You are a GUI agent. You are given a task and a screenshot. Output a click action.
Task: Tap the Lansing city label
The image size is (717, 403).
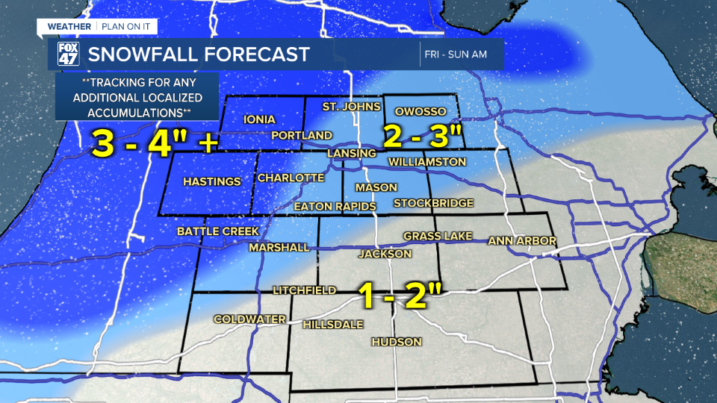[352, 153]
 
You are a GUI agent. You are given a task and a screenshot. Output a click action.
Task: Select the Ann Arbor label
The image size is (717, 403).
[522, 240]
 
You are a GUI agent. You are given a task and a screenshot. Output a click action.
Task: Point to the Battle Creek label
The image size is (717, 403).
[217, 231]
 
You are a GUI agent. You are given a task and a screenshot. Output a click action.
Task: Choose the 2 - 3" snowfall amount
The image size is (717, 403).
[423, 136]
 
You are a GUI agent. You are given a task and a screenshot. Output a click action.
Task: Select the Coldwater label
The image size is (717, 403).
[250, 319]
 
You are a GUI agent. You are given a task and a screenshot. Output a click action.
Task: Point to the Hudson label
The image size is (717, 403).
[397, 342]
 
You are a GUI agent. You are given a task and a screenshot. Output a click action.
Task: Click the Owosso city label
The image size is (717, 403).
[420, 111]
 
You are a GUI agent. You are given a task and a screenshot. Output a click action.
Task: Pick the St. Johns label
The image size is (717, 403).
[347, 107]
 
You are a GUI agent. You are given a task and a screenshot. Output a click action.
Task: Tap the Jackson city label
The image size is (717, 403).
[385, 254]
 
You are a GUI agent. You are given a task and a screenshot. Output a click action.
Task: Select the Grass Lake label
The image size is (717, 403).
[438, 236]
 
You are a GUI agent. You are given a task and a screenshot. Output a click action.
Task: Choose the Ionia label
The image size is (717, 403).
[260, 119]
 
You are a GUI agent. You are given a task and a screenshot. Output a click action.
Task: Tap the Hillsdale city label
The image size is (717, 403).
[333, 325]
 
